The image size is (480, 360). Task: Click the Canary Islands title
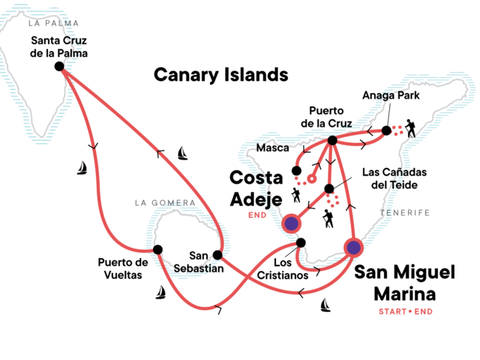tap(221, 75)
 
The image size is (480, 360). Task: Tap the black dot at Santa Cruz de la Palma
tap(59, 66)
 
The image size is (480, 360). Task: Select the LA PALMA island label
tap(53, 23)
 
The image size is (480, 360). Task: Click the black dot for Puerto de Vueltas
tap(157, 250)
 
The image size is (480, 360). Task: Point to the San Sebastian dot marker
tap(217, 255)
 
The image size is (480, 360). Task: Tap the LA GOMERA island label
tap(165, 202)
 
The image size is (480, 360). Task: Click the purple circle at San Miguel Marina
tap(353, 247)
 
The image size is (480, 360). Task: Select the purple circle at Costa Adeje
tap(292, 223)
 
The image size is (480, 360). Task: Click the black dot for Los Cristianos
tap(301, 243)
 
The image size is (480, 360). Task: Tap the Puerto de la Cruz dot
tap(332, 140)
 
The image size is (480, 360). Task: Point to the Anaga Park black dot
tap(387, 130)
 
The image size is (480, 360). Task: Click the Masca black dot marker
tap(296, 170)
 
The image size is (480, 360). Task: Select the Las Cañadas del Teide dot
tap(329, 189)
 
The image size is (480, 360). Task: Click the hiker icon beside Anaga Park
tap(410, 128)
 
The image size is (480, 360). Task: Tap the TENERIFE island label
tap(405, 213)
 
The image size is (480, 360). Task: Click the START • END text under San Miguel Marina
tap(406, 312)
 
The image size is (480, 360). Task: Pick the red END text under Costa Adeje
tap(257, 215)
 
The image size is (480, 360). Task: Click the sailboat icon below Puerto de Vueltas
tap(160, 292)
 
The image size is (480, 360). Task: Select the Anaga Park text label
tap(391, 95)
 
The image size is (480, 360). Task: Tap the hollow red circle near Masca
tap(312, 178)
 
